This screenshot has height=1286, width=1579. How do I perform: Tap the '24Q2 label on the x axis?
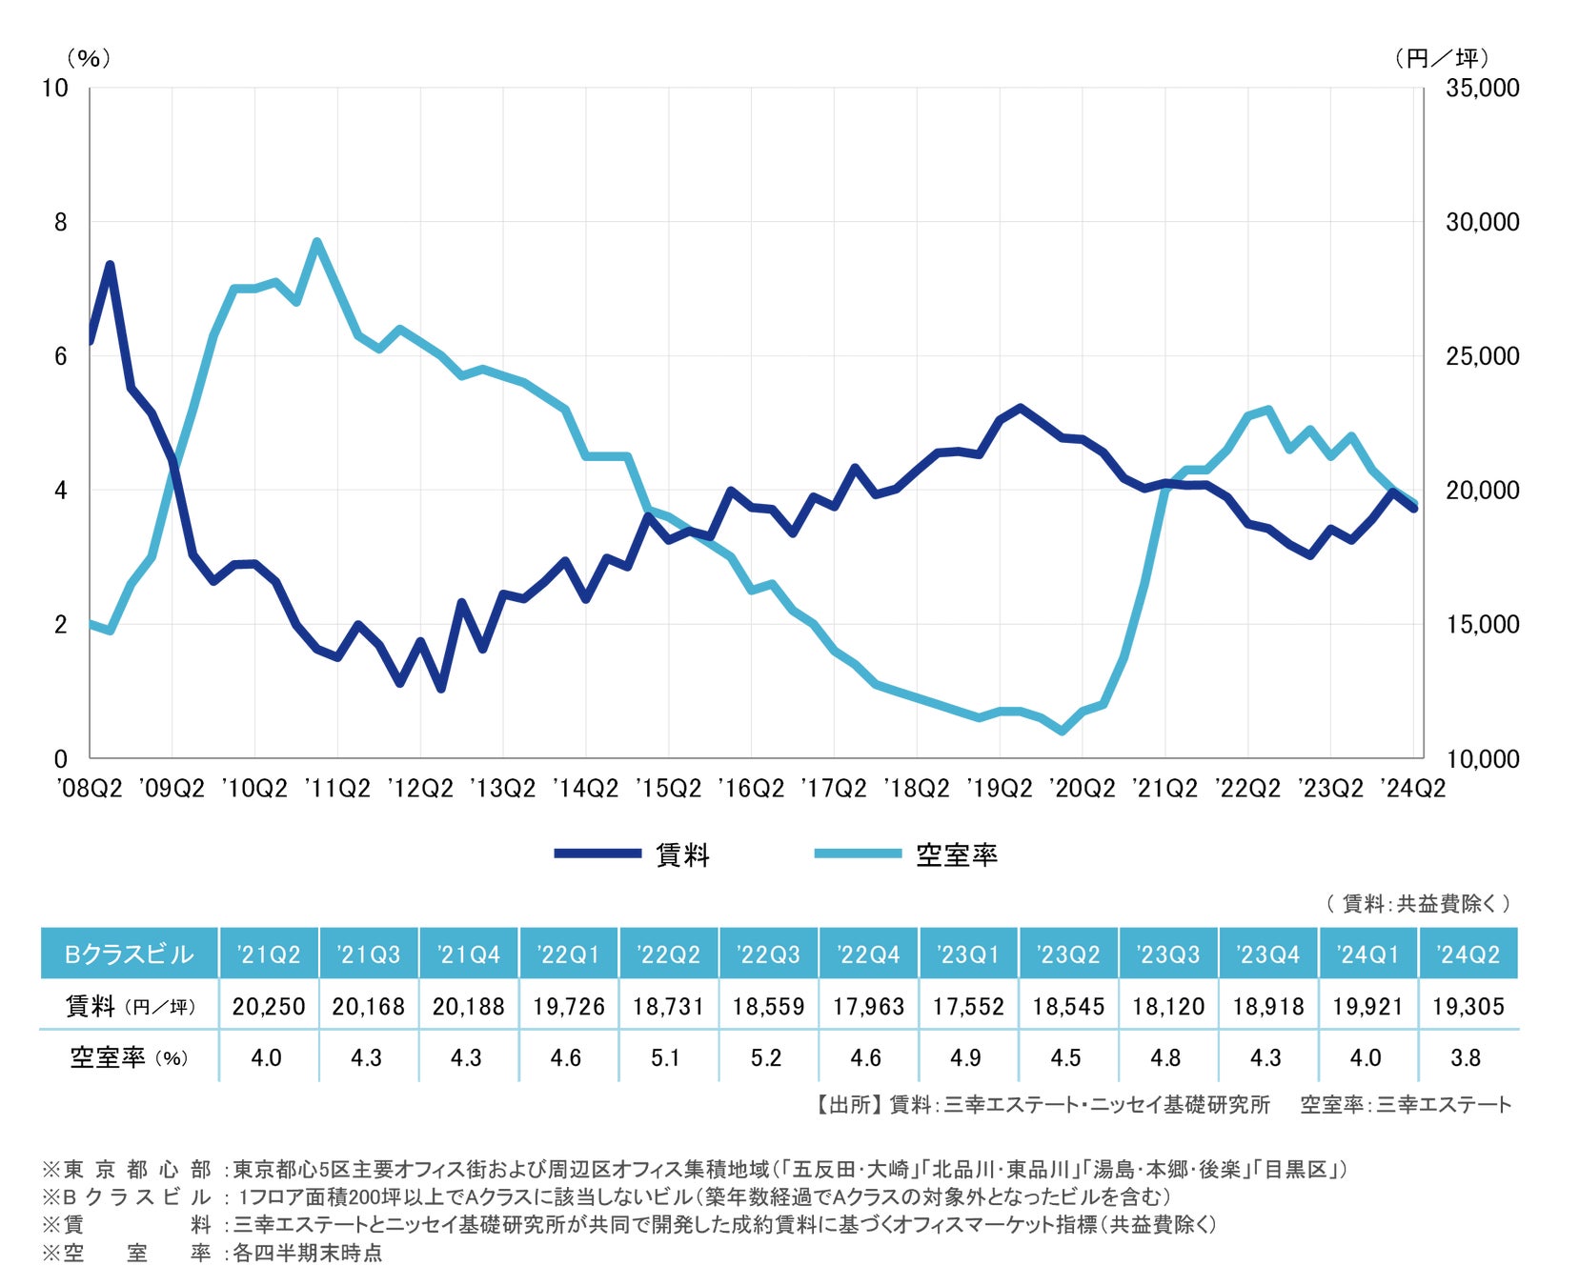point(1412,789)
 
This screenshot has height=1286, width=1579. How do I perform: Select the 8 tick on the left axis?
point(61,222)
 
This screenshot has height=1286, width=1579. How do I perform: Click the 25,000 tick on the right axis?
point(1482,356)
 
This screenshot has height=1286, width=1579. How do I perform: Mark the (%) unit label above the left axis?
point(89,58)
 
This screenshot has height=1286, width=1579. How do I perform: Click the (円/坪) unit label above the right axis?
point(1441,58)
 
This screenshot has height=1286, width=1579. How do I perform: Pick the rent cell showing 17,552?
point(968,1006)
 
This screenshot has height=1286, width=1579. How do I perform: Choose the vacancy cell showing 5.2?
point(766,1057)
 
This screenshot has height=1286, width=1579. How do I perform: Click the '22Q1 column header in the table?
point(568,954)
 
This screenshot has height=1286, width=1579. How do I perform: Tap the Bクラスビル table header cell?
point(129,954)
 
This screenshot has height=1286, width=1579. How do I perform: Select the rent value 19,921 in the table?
point(1367,1006)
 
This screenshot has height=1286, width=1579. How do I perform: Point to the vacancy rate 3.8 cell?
point(1466,1057)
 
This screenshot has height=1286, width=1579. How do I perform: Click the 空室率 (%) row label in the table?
point(129,1057)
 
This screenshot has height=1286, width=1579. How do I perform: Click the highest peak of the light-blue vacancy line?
point(316,242)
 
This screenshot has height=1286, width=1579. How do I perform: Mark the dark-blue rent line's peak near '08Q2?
point(110,265)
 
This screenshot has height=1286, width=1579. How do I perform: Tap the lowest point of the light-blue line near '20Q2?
point(1062,731)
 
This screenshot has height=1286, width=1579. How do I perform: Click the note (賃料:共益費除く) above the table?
point(1418,903)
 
